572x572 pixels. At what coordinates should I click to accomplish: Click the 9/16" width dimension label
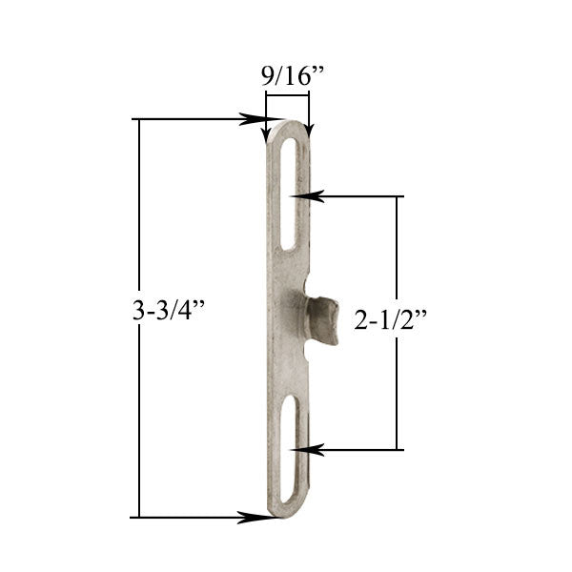pos(287,75)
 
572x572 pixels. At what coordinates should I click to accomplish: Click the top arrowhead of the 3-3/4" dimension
pos(255,119)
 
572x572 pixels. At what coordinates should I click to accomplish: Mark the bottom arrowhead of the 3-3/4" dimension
pos(253,518)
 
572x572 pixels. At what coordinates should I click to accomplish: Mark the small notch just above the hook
pos(308,284)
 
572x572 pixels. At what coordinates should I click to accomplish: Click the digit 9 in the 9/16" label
pos(263,75)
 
